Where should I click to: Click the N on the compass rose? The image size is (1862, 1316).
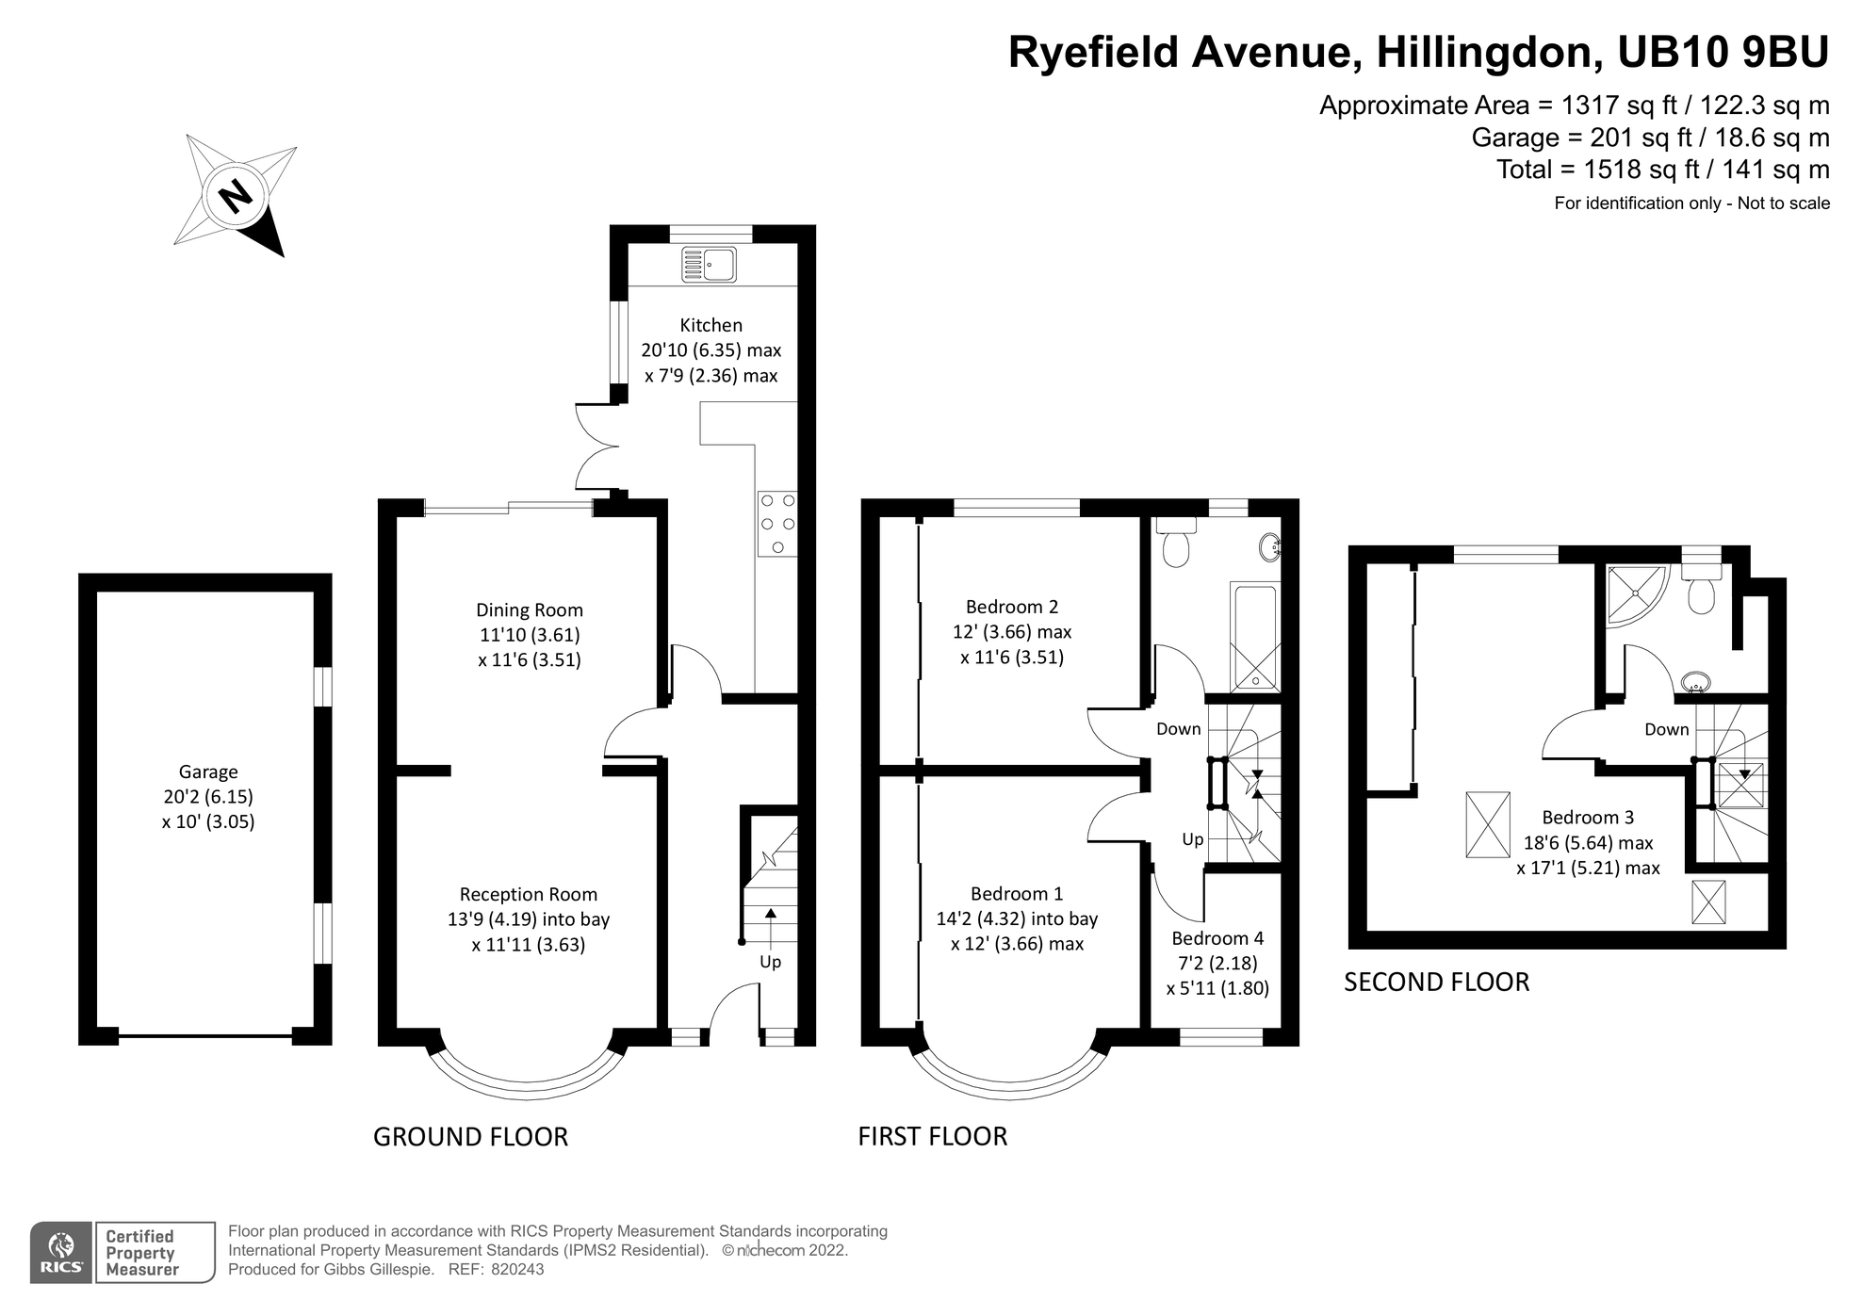click(x=236, y=197)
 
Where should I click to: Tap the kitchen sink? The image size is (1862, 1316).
click(x=710, y=265)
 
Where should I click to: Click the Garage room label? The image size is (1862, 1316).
click(x=208, y=772)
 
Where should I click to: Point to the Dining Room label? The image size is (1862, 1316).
click(x=529, y=610)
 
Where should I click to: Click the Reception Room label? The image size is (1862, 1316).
click(x=528, y=895)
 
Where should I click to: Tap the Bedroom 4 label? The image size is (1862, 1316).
click(x=1217, y=938)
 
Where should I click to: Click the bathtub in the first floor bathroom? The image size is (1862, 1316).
click(x=1254, y=636)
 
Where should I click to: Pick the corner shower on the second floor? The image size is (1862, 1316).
click(x=1636, y=595)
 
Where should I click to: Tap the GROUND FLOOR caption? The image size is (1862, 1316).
click(x=470, y=1137)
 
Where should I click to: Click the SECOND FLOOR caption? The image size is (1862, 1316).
click(x=1436, y=983)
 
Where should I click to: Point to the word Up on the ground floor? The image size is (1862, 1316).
click(x=770, y=963)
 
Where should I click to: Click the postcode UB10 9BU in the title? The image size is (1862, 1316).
click(x=1723, y=52)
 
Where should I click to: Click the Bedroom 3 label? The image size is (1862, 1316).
click(x=1588, y=818)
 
